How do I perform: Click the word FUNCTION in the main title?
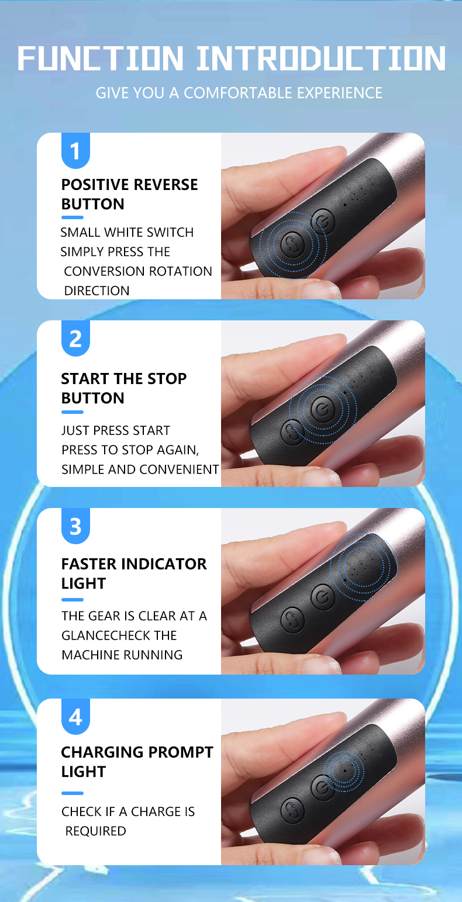tap(100, 58)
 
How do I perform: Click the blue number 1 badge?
tap(75, 151)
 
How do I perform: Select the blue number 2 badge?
tap(75, 338)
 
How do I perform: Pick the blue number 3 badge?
tap(75, 526)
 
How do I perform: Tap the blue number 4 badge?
tap(75, 717)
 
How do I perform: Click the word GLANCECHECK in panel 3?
tap(119, 635)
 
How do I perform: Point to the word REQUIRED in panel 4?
tap(95, 831)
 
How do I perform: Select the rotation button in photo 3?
tap(292, 619)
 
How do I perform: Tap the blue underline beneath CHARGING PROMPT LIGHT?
tap(73, 793)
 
